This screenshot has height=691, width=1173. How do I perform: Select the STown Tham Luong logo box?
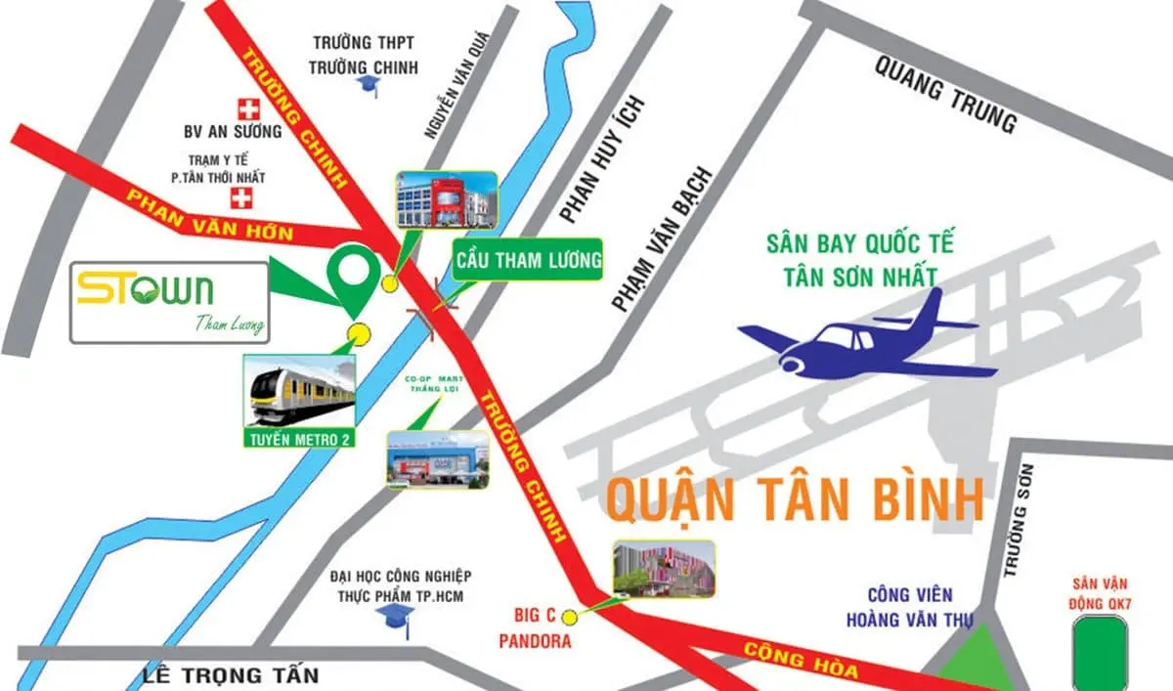pos(170,302)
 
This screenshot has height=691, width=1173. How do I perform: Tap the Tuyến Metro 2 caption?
pos(299,440)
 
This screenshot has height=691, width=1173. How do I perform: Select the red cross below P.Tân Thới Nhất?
pos(239,199)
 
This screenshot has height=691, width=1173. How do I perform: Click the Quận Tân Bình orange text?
pos(794,499)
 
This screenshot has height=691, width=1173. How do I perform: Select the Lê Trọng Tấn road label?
pos(231,675)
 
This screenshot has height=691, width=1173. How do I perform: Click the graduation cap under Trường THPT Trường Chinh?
pos(368,87)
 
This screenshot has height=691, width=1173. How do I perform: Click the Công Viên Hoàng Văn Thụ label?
pos(909,607)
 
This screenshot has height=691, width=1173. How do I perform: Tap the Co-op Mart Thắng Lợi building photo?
pos(437,459)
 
